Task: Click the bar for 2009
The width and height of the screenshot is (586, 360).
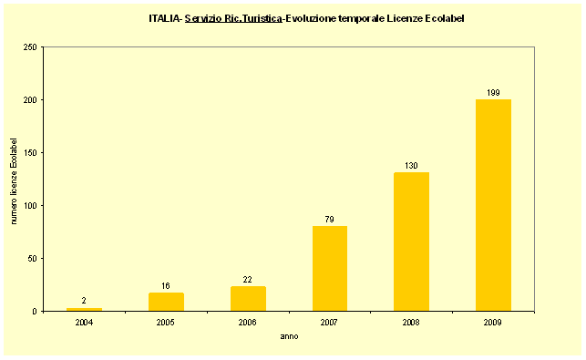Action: tap(493, 205)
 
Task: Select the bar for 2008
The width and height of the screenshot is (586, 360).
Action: tap(411, 242)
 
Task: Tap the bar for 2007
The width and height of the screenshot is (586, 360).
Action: tap(329, 268)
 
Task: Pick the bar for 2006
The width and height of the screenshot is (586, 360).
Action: tap(248, 299)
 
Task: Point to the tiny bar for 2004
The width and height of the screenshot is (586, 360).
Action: tap(84, 309)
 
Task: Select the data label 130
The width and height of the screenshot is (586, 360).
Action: tap(411, 165)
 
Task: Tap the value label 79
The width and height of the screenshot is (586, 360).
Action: tap(329, 219)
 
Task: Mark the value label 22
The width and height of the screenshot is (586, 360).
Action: tap(248, 279)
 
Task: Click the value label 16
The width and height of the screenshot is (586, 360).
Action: tap(166, 285)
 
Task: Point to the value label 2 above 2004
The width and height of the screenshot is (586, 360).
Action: tap(84, 300)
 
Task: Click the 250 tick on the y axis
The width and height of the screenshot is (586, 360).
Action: tap(30, 46)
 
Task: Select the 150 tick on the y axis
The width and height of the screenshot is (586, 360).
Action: tap(30, 152)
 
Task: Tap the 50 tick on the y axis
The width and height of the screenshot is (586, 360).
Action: tap(32, 258)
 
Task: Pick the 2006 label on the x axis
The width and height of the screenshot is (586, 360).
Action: tap(248, 323)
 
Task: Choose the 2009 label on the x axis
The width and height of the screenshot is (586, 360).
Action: tap(493, 323)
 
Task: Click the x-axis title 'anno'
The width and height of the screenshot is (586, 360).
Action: tap(289, 336)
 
